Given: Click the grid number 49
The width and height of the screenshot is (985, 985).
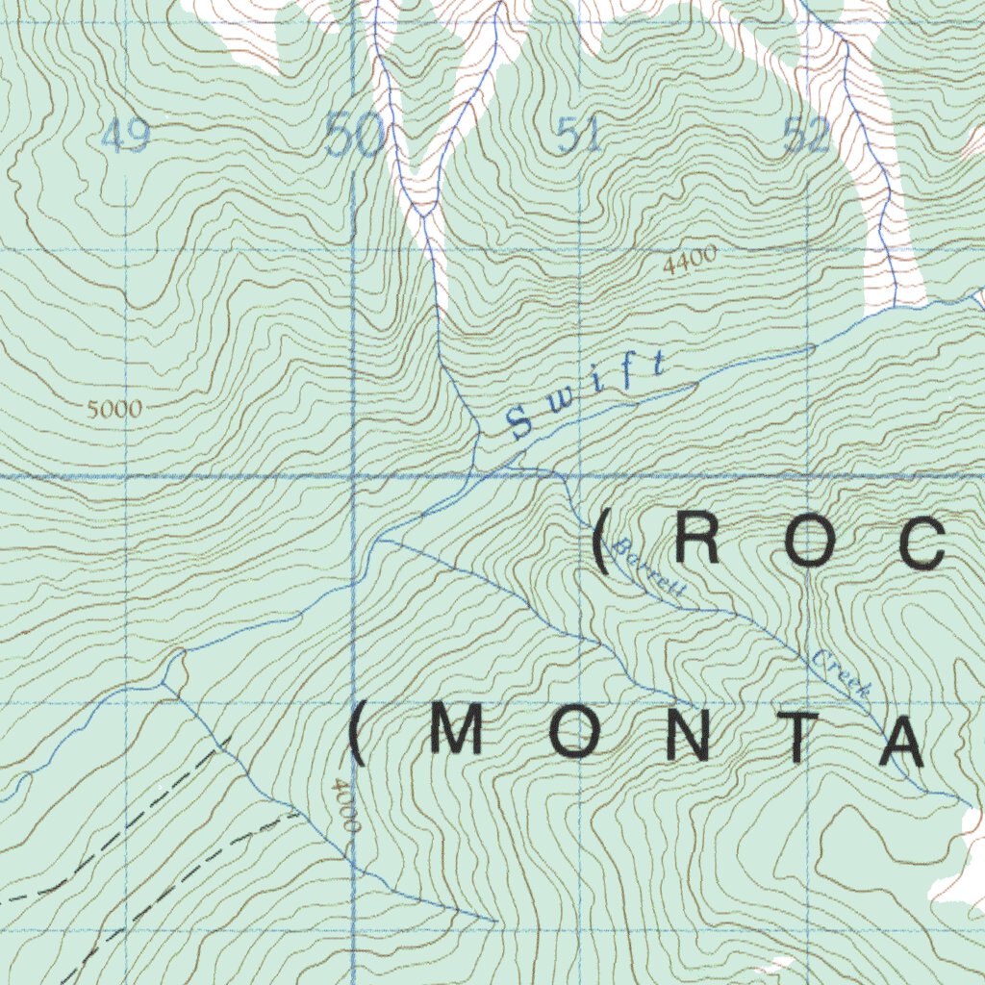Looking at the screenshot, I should (x=125, y=139).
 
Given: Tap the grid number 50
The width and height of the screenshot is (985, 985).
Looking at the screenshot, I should (x=355, y=136).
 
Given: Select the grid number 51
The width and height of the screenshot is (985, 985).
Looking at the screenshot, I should (x=580, y=136).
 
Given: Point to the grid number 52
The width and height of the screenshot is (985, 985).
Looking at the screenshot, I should (x=806, y=138).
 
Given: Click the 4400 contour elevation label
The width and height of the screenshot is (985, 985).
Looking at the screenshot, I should (x=690, y=261).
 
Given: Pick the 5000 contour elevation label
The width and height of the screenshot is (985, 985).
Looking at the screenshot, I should (x=114, y=409).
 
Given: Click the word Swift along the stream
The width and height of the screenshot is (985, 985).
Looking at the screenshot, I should (x=586, y=395).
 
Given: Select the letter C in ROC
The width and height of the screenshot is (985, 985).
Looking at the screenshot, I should (x=926, y=543).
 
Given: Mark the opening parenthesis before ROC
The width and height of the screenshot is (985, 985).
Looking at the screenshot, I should (x=602, y=543).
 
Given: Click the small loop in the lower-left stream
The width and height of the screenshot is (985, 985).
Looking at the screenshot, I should (x=174, y=668).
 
